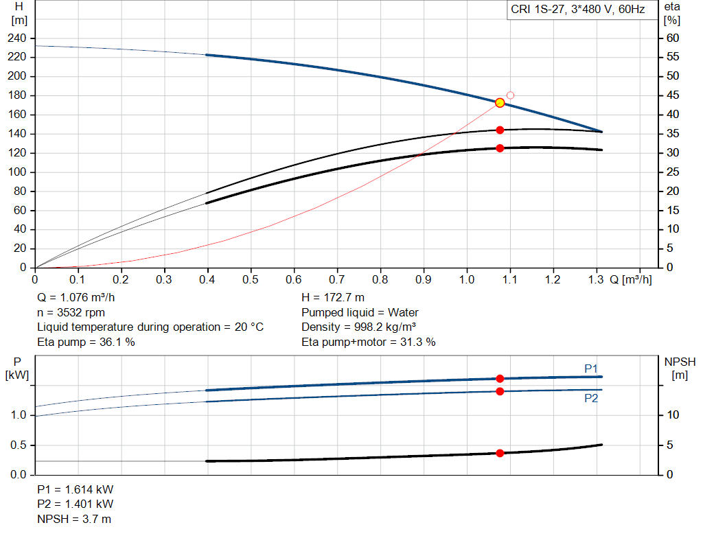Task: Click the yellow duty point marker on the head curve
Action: coord(500,103)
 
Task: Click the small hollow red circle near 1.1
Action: coord(510,95)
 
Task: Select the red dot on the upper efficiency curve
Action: coord(500,130)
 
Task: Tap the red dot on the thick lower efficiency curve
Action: coord(500,148)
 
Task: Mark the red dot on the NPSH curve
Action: coord(500,453)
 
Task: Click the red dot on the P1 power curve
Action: coord(500,379)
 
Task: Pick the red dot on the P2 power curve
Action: coord(500,391)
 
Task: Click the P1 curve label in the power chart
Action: coord(591,369)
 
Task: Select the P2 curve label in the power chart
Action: coord(591,399)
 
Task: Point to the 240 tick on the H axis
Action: coord(16,38)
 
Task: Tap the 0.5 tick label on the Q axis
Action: coord(250,279)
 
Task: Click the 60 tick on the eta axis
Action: coord(673,38)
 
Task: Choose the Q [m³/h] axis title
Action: coord(631,279)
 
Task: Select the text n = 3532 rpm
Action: coord(71,312)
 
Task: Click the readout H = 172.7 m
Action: coord(333,298)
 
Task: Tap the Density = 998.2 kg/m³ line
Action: coord(358,327)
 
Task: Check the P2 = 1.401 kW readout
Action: coord(76,504)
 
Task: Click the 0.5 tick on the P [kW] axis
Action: coord(19,445)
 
